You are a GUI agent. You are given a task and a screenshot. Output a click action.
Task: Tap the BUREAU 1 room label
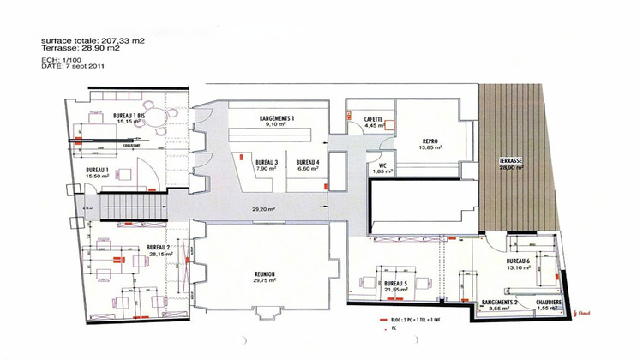pos(97,170)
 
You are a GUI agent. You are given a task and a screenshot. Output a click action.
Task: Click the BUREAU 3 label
pos(266,162)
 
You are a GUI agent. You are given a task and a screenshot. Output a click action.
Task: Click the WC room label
pos(382,166)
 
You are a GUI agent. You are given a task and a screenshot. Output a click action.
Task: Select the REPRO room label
pos(430,141)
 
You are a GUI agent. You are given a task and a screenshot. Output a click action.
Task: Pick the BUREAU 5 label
pos(394,282)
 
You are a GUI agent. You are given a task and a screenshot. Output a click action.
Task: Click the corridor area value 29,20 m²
pos(264,208)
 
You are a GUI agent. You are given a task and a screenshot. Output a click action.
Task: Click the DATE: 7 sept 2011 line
pos(72,68)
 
